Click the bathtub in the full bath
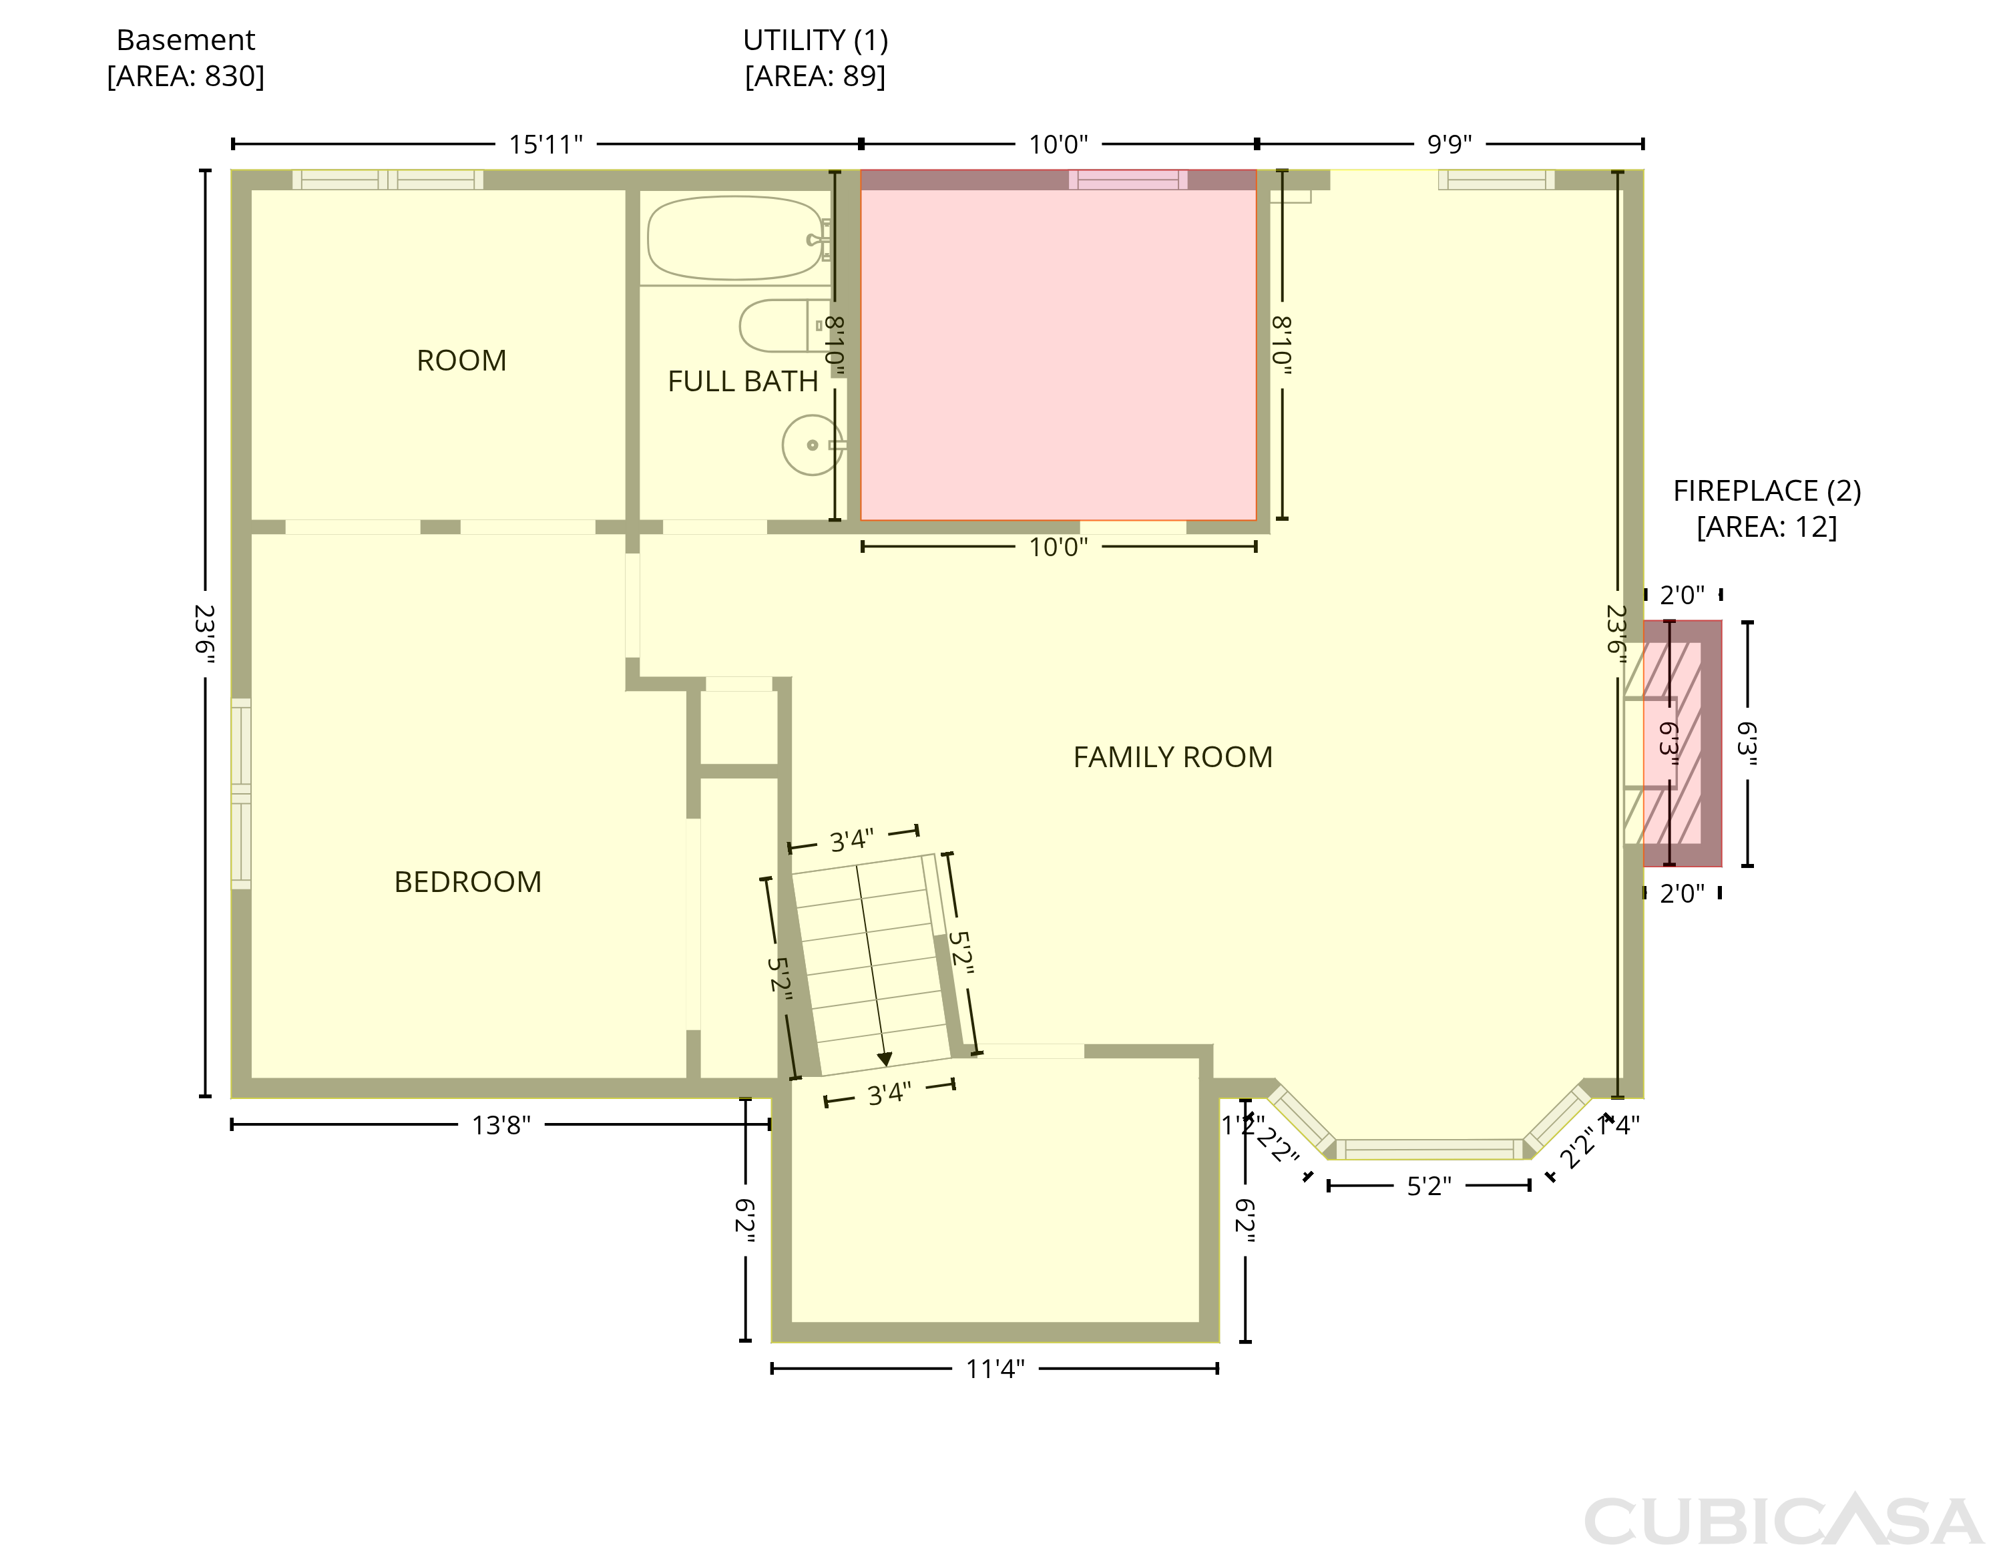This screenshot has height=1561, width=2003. coord(736,238)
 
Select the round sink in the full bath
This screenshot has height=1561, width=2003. coord(813,445)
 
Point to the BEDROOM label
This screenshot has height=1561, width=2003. coord(468,881)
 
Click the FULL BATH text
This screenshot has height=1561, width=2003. coord(743,381)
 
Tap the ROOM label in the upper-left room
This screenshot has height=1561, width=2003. coord(461,361)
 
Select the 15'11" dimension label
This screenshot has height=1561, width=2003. coord(545,144)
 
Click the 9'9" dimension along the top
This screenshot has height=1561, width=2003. coord(1449,144)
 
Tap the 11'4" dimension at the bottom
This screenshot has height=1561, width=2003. coord(995,1369)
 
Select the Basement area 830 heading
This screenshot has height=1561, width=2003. coord(186,58)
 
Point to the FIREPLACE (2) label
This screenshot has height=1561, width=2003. coord(1767,491)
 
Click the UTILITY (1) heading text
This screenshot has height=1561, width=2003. coord(815,40)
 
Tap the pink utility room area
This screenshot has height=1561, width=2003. coord(1058,345)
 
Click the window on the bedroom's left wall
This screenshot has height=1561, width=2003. coord(240,793)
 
